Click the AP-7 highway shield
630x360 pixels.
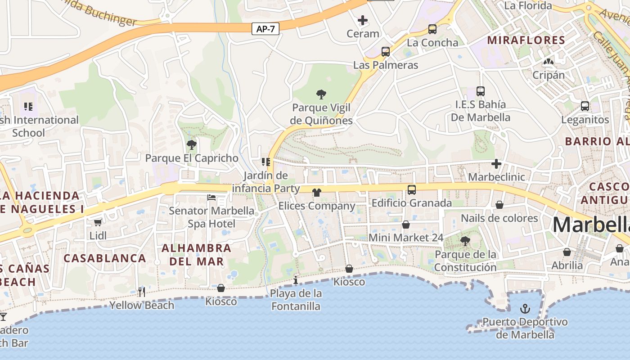(265, 29)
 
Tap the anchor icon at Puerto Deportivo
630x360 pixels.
(525, 309)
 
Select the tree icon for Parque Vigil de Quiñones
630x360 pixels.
(321, 94)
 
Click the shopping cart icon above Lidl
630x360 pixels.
(98, 222)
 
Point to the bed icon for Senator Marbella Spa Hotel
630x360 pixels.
(211, 197)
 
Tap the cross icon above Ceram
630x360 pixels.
(363, 20)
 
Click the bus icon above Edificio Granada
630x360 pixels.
(411, 190)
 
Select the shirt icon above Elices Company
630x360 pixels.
(317, 193)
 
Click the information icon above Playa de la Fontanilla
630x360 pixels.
(296, 280)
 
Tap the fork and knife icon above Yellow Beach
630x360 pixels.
(142, 292)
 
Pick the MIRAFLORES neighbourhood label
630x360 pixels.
(526, 40)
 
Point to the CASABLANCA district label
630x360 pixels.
(105, 258)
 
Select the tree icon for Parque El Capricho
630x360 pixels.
(192, 145)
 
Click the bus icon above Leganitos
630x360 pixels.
(585, 106)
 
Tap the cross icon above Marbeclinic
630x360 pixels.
(496, 164)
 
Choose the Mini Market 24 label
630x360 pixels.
(406, 238)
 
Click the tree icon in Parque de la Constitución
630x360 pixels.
(465, 241)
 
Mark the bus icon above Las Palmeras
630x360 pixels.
(386, 52)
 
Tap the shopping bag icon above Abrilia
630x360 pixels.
(567, 252)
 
